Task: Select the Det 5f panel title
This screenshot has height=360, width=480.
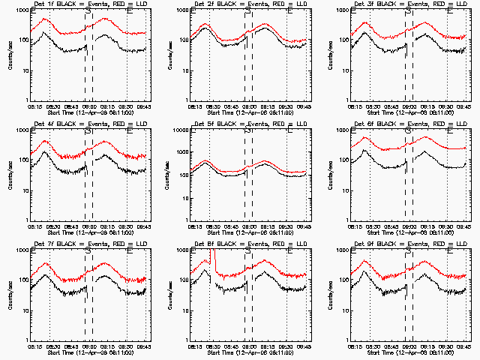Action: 248,125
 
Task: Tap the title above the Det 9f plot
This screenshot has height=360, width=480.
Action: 408,245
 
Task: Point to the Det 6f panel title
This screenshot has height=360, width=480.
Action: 408,125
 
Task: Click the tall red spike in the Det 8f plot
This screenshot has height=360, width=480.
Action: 212,259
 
